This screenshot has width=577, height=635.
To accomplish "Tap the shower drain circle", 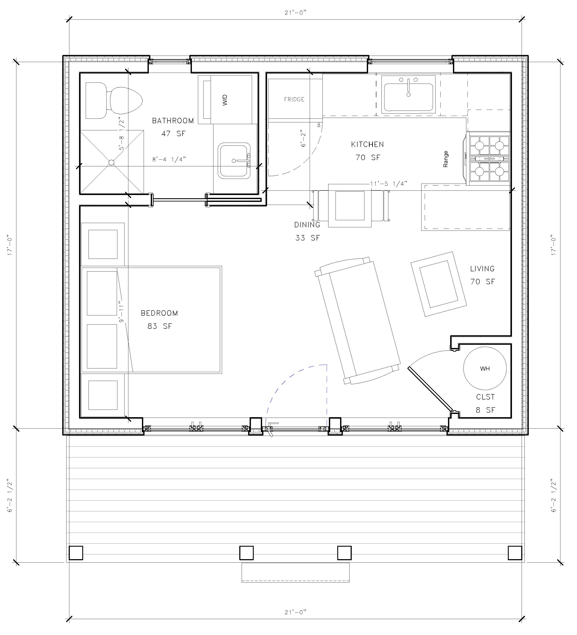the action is pos(111,162).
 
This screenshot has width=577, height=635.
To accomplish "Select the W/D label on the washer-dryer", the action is pos(225,100).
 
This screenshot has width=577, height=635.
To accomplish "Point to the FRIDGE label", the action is pos(294,99).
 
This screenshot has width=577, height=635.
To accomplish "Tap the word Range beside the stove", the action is pos(445,159).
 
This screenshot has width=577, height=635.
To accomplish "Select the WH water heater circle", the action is pos(485,368).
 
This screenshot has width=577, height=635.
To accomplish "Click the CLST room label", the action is pos(485,397).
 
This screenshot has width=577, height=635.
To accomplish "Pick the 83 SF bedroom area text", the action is pos(160,326).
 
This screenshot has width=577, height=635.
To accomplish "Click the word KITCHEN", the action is pos(367,145).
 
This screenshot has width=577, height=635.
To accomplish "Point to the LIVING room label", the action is pos(482,269).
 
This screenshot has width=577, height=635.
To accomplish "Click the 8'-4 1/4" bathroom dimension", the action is pos(169,159).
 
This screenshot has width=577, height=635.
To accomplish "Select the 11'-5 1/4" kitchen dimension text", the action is pos(389,184).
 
